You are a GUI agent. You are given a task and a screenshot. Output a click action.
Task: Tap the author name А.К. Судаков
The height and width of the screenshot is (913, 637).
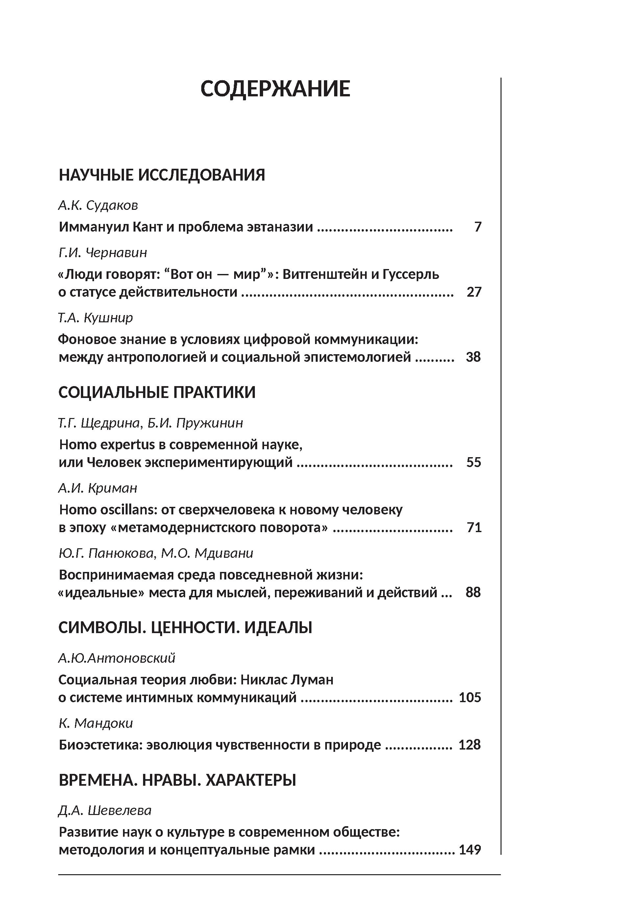(x=98, y=205)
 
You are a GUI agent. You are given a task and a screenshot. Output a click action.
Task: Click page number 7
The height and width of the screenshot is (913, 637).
(x=478, y=227)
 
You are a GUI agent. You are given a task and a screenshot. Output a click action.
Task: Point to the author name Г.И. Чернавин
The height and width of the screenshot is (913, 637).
(x=103, y=252)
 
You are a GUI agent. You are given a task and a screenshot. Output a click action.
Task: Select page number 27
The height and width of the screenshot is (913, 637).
(x=474, y=292)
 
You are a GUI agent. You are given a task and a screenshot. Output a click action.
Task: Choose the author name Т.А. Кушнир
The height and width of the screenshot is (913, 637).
(x=95, y=317)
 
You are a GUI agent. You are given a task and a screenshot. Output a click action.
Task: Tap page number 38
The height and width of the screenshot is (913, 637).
(x=473, y=357)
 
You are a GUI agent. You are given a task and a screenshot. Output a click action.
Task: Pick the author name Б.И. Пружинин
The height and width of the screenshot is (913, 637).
(x=195, y=423)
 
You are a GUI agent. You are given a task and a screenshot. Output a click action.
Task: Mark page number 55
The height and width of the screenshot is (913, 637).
(x=474, y=462)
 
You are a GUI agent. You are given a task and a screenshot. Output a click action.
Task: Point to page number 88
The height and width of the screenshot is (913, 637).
(x=473, y=592)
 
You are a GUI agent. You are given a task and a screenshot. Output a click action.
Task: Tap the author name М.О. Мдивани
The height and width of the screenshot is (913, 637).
(x=207, y=553)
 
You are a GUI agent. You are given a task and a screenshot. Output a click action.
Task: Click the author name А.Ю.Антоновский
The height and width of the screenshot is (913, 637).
(x=116, y=658)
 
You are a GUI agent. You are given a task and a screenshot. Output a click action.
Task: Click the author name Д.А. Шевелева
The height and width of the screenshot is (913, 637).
(x=105, y=810)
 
